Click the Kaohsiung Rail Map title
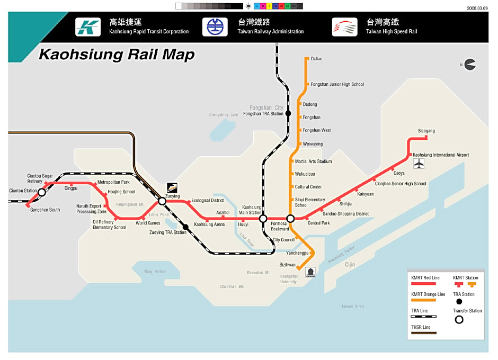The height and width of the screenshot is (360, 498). click(117, 55)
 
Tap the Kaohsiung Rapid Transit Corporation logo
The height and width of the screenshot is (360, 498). click(88, 27)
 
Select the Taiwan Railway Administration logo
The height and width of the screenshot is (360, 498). click(215, 27)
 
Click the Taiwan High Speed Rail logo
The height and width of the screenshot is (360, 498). click(344, 27)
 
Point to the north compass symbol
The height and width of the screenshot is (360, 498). click(469, 65)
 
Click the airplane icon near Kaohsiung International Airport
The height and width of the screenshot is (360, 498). click(420, 164)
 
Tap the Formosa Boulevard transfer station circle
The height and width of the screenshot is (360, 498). click(290, 218)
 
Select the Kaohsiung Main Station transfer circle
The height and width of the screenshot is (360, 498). click(263, 218)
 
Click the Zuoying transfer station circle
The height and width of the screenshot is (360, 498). click(163, 201)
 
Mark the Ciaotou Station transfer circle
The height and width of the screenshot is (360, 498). click(42, 192)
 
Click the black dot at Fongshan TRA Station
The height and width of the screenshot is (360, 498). click(288, 113)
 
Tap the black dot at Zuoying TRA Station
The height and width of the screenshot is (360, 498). click(185, 227)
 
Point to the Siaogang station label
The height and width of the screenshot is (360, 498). click(426, 131)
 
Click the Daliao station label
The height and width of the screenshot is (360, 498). click(316, 59)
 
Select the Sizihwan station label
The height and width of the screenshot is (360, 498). click(287, 264)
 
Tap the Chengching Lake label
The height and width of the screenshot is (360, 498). click(223, 114)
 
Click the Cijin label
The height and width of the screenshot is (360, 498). click(350, 264)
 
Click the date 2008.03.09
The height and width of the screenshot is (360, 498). click(477, 8)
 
